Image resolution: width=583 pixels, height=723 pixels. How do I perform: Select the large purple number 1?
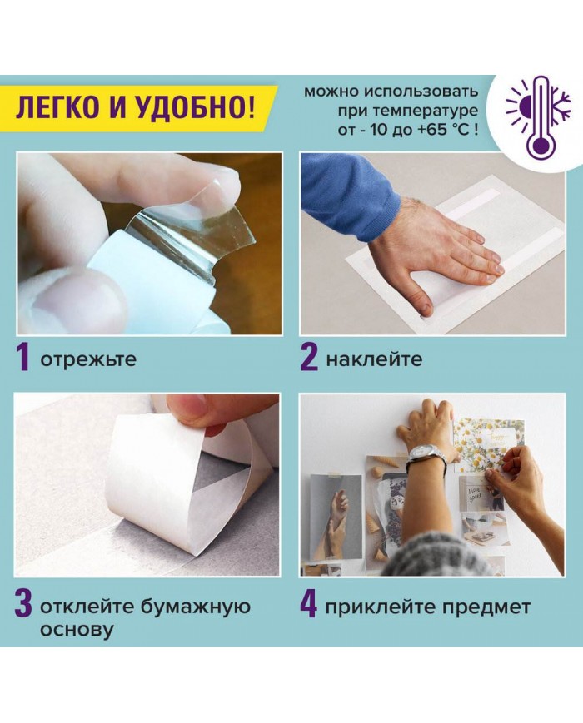pyautogui.click(x=22, y=359)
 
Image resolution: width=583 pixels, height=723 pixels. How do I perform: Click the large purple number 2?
pyautogui.click(x=309, y=359)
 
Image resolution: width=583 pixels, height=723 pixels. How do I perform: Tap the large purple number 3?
pyautogui.click(x=23, y=607)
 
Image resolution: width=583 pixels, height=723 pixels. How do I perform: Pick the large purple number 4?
pyautogui.click(x=309, y=606)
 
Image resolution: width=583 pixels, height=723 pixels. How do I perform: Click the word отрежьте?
pyautogui.click(x=88, y=359)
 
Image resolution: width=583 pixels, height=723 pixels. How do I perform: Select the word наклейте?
pyautogui.click(x=373, y=359)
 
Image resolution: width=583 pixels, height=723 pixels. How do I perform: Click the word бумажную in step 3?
pyautogui.click(x=195, y=607)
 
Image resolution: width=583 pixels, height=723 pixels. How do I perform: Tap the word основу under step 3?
pyautogui.click(x=76, y=629)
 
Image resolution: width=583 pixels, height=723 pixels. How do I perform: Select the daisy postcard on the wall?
pyautogui.click(x=490, y=446)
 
